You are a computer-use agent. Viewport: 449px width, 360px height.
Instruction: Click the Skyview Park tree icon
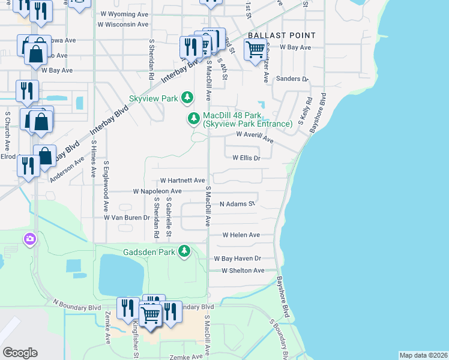tap(188, 97)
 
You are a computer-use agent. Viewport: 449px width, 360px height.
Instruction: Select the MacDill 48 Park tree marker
tap(193, 119)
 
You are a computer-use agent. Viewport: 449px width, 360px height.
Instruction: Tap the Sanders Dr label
tap(291, 79)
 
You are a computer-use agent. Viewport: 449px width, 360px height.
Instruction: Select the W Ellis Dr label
tap(246, 158)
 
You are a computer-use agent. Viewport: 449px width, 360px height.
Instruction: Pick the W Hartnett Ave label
tap(183, 180)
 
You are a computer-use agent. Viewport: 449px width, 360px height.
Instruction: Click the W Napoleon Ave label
tap(157, 191)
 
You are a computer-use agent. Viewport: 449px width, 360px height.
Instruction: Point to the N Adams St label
tap(238, 204)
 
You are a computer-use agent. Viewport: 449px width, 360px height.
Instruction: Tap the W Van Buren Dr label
tap(126, 217)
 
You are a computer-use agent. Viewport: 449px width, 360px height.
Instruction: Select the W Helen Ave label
tap(241, 235)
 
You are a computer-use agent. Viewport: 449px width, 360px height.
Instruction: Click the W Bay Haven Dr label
tap(238, 258)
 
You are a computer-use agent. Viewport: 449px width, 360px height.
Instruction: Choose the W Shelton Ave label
tap(243, 271)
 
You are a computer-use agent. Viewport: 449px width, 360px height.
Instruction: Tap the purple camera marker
tap(29, 240)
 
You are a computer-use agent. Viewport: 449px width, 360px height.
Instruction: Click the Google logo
tap(20, 352)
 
